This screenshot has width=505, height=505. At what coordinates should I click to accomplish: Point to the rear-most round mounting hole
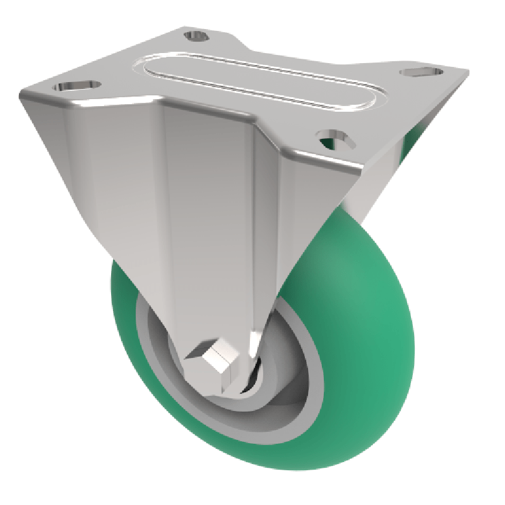[x=198, y=35]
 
